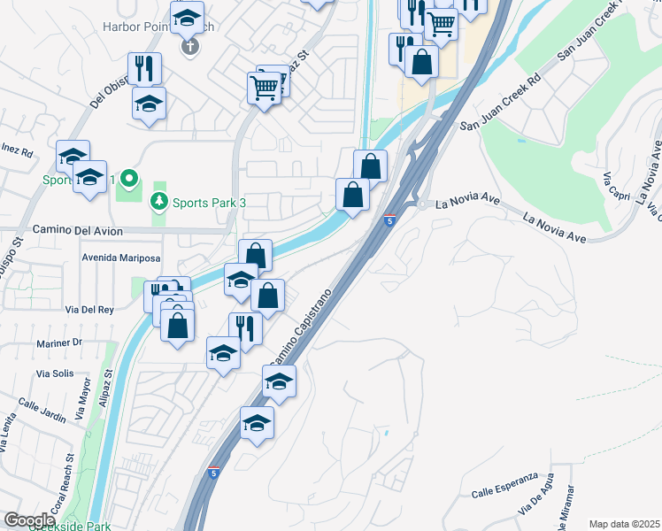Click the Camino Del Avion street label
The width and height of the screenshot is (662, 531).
pos(77,230)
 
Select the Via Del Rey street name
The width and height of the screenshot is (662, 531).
pos(89,310)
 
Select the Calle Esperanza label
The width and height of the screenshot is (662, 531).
pos(504,492)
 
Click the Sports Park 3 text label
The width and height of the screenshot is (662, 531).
pos(209,203)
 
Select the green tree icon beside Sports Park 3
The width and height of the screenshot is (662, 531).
pos(159,203)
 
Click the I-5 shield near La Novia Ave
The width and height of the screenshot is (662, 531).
pos(389,220)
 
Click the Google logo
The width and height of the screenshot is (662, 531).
pos(28,520)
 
